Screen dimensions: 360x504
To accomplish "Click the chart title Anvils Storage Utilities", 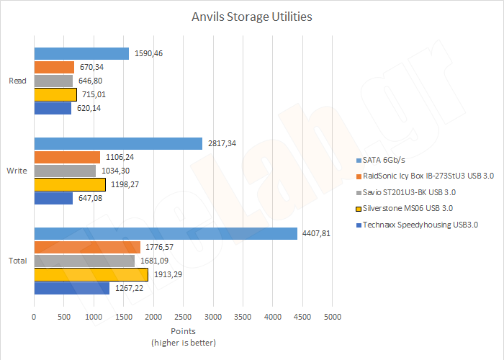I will click(x=252, y=15).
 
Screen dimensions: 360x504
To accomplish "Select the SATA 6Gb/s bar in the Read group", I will click(x=81, y=54).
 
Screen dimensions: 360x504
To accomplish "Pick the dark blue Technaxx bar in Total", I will click(x=71, y=288).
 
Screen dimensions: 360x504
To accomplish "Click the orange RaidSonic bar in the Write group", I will click(x=67, y=157).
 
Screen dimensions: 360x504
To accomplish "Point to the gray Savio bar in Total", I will click(x=84, y=261).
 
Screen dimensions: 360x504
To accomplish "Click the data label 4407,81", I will click(x=316, y=233).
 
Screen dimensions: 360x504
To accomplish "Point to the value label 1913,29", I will click(x=166, y=274).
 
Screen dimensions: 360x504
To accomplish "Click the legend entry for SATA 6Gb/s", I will click(x=385, y=160).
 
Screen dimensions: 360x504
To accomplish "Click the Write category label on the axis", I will click(x=17, y=171).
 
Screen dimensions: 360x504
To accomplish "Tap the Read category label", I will click(x=17, y=81).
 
